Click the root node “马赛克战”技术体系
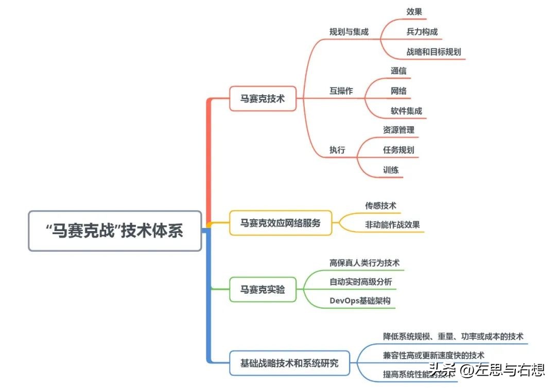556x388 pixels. [x=114, y=231]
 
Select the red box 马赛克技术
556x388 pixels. [x=263, y=98]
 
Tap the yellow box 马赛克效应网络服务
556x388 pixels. [x=280, y=223]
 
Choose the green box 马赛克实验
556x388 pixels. [x=263, y=290]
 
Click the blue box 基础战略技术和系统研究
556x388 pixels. [x=289, y=363]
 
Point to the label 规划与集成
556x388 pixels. [x=349, y=31]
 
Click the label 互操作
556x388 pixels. [x=341, y=91]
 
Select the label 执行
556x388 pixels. [x=337, y=150]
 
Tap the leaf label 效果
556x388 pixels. [x=414, y=12]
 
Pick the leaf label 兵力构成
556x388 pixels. [x=422, y=32]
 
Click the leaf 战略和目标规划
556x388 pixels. [x=433, y=51]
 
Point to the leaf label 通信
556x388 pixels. [x=398, y=71]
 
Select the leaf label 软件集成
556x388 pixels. [x=406, y=111]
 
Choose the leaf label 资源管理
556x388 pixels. [x=398, y=130]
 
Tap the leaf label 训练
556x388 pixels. [x=391, y=170]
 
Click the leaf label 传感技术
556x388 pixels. [x=380, y=206]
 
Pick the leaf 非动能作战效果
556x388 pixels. [x=392, y=224]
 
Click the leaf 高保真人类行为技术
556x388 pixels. [x=364, y=262]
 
